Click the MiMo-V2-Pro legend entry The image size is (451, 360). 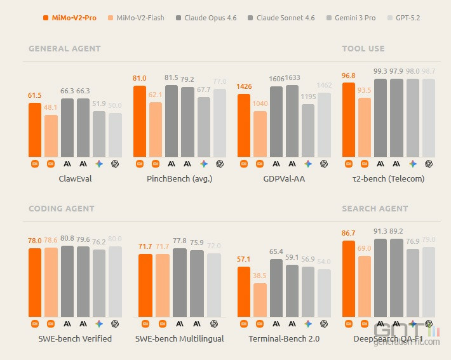(x=71, y=18)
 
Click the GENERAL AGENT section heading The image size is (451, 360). (x=65, y=48)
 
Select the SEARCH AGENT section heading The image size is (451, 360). (x=375, y=208)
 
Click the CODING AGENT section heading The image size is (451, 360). (x=62, y=208)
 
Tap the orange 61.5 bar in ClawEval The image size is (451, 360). (x=35, y=130)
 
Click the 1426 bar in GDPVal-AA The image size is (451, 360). (x=244, y=125)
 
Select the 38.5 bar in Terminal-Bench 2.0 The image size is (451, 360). (x=260, y=300)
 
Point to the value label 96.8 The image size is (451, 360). (x=348, y=76)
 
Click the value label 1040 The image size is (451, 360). (x=260, y=103)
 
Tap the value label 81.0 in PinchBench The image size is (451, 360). (x=140, y=79)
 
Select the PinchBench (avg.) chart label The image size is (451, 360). (x=179, y=178)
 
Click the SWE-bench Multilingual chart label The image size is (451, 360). (x=179, y=338)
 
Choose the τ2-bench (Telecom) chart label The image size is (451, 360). (x=388, y=178)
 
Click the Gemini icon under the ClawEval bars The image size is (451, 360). (x=99, y=164)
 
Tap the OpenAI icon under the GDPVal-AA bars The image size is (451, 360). (x=324, y=164)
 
